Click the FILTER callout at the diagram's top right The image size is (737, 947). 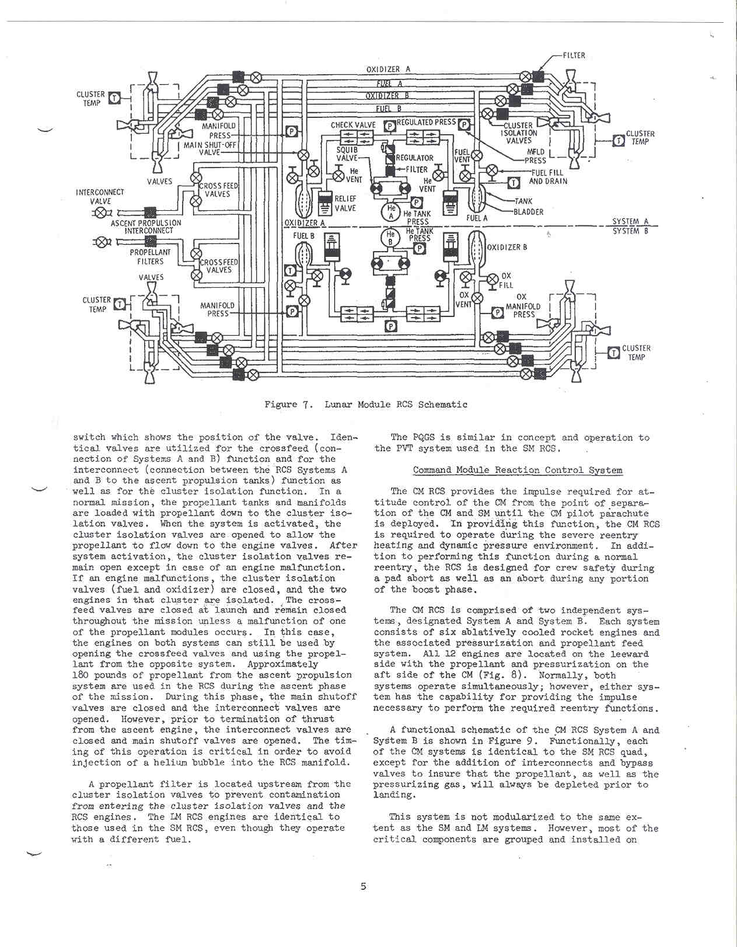[574, 55]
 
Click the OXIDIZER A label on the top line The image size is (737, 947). [388, 69]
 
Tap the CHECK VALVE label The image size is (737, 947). [353, 125]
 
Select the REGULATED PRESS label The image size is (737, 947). [426, 123]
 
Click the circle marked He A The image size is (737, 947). [392, 212]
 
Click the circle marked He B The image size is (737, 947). [390, 238]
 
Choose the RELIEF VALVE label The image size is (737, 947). [345, 203]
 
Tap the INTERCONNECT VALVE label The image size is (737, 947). [100, 197]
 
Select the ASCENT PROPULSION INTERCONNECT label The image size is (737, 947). [146, 227]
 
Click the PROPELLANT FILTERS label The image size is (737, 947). [150, 257]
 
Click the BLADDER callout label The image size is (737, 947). [528, 212]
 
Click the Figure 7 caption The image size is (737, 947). [365, 404]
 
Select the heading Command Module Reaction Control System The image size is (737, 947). [517, 470]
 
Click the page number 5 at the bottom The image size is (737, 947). [363, 886]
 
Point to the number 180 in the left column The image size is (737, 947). [81, 675]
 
